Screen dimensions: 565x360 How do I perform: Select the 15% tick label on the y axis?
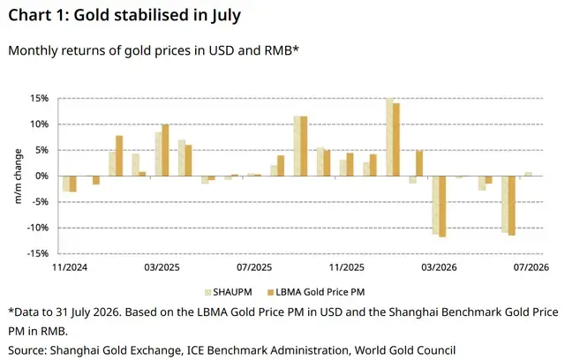coord(39,98)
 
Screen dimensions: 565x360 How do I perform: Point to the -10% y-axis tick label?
coord(37,228)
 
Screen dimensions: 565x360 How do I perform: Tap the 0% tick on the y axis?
coord(41,176)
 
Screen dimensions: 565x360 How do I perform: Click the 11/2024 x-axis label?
coord(70,267)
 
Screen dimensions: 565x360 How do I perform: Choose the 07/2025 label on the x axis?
coord(254,267)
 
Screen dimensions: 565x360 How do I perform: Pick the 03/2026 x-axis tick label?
coord(439,267)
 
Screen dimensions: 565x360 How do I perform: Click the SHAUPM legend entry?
coord(228,292)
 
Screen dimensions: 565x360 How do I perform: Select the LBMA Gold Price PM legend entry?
coord(316,292)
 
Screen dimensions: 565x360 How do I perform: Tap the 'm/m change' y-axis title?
coord(18,176)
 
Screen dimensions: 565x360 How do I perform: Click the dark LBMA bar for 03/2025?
coord(165,150)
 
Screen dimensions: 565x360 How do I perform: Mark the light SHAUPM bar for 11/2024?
coord(66,184)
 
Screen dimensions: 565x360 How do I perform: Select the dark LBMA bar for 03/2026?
coord(442,206)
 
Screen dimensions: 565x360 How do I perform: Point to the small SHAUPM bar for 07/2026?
coord(528,174)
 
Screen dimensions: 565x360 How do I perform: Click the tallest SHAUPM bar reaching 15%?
coord(389,137)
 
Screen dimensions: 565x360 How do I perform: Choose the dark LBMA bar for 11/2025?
coord(350,164)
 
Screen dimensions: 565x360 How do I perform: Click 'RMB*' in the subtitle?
coord(282,50)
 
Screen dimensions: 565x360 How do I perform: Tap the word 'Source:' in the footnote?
coord(27,350)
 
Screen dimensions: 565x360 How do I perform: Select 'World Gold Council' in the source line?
coord(405,350)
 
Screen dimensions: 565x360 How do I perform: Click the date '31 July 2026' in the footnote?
coord(87,312)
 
